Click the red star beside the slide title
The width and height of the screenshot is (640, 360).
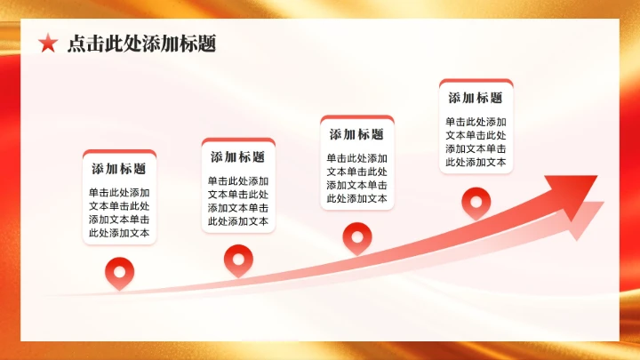(x=48, y=44)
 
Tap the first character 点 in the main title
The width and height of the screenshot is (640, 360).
(x=76, y=44)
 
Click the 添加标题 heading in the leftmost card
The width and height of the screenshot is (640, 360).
(x=118, y=168)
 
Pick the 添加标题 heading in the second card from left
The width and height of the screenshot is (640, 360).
(x=237, y=156)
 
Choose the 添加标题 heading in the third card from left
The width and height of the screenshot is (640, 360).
(x=356, y=134)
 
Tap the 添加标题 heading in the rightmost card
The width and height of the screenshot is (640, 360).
(x=476, y=98)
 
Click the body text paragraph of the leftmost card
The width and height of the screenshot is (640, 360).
(x=118, y=213)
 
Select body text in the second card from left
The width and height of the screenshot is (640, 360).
(x=237, y=201)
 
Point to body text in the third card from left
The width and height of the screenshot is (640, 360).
(x=356, y=179)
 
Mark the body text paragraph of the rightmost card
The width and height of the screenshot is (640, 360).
(x=476, y=142)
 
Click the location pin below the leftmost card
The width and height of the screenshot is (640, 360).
(x=118, y=270)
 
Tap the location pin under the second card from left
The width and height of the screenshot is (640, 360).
(x=237, y=258)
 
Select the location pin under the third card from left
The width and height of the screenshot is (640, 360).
(x=356, y=236)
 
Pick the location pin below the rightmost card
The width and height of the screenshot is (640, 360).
(x=476, y=200)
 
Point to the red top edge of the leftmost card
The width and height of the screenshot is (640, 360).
(x=118, y=152)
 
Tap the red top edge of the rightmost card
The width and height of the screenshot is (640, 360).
(x=476, y=82)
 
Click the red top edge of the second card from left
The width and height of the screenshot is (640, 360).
(x=237, y=140)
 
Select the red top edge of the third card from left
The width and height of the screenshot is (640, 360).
(x=356, y=118)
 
